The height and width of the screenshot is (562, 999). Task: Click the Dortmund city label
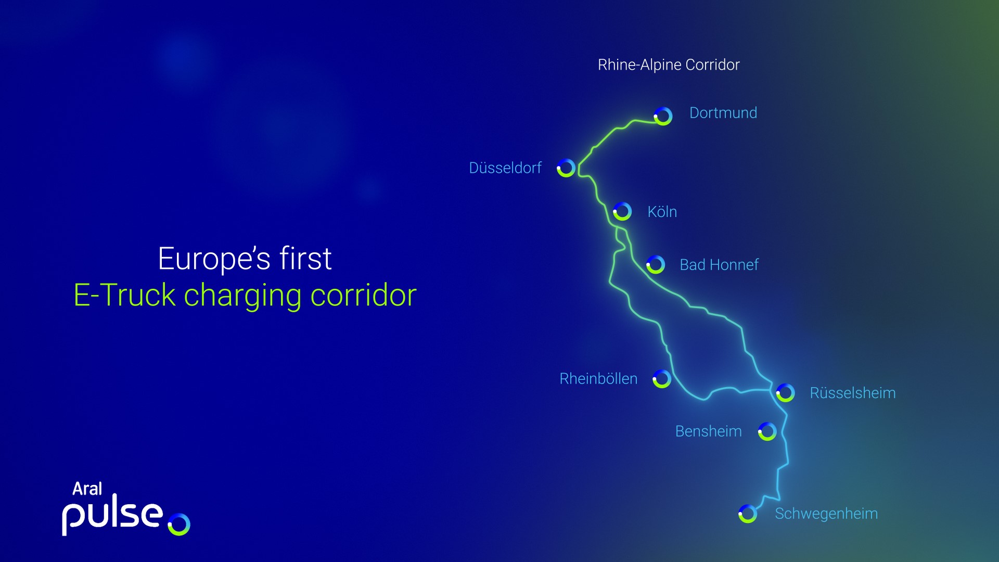723,113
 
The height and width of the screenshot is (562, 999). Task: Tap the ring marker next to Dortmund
663,116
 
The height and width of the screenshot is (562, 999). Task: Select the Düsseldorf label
505,168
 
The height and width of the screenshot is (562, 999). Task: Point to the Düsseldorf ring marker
566,168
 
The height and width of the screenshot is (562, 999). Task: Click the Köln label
662,212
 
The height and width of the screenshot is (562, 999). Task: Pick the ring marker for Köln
622,212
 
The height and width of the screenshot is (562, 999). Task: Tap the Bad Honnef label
719,265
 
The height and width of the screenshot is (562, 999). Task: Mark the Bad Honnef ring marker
656,264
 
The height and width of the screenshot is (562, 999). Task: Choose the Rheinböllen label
598,379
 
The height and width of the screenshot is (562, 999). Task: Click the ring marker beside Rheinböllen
662,379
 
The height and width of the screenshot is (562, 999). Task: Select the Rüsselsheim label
852,393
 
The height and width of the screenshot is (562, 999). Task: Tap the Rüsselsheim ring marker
785,393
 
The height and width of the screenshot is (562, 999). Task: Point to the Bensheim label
708,431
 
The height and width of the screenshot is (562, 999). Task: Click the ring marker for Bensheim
767,431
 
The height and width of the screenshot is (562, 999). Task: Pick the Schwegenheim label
826,514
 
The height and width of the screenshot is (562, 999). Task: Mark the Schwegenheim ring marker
748,514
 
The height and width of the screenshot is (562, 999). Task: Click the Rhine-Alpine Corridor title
668,65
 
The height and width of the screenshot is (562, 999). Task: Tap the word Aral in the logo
87,489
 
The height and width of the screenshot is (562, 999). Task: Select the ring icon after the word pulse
179,524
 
